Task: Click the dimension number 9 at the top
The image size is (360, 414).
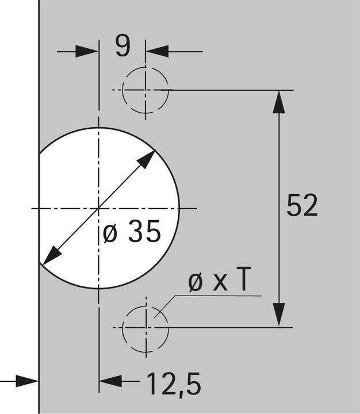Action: coord(123,45)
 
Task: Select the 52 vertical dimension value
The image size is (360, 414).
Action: coord(302,205)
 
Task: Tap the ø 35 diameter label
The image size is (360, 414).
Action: coord(132,231)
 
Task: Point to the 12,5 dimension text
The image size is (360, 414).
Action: coord(174,384)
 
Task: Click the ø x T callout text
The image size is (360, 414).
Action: coord(219,279)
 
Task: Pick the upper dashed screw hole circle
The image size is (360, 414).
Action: coord(122,90)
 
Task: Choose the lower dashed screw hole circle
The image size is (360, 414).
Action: coord(122,328)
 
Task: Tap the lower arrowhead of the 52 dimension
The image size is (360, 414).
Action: coord(279,315)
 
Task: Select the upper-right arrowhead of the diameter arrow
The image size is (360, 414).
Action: coord(147,159)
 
